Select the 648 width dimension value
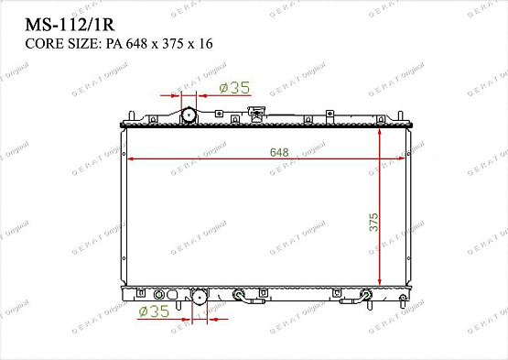click(277, 152)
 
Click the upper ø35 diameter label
click(234, 88)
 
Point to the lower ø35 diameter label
click(155, 311)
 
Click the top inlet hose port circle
click(188, 116)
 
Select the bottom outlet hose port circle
click(199, 297)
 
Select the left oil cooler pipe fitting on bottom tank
click(241, 296)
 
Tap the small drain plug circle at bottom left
click(158, 295)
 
